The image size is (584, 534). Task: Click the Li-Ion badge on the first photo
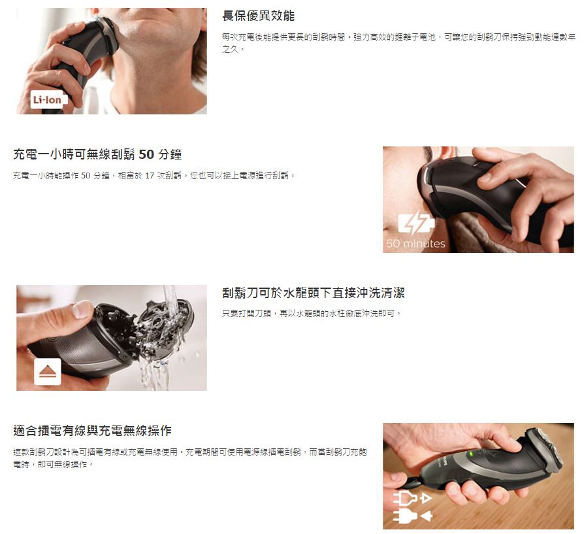(49, 99)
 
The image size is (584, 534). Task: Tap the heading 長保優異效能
(258, 16)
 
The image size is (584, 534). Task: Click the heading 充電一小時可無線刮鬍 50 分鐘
(97, 154)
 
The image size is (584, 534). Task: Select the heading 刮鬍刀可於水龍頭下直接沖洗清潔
(313, 293)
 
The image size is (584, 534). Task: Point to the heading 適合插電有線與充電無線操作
(92, 431)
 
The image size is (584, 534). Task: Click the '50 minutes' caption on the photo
(415, 244)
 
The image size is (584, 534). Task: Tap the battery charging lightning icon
(415, 224)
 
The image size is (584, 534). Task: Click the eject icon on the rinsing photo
(47, 371)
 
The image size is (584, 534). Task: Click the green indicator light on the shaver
(470, 454)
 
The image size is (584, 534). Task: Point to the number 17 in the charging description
(150, 176)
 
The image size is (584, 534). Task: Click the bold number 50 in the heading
(146, 154)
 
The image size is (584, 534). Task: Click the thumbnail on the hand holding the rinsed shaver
(81, 309)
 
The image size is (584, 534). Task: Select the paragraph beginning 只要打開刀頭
(312, 313)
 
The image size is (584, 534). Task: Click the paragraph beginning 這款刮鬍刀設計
(190, 458)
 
